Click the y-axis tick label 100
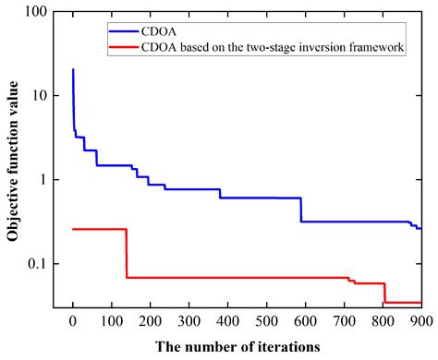click(x=38, y=12)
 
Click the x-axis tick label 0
click(x=73, y=321)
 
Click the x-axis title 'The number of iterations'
click(x=246, y=346)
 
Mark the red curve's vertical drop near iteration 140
click(x=127, y=253)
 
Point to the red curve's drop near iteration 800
click(x=383, y=293)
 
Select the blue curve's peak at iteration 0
click(x=73, y=70)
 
